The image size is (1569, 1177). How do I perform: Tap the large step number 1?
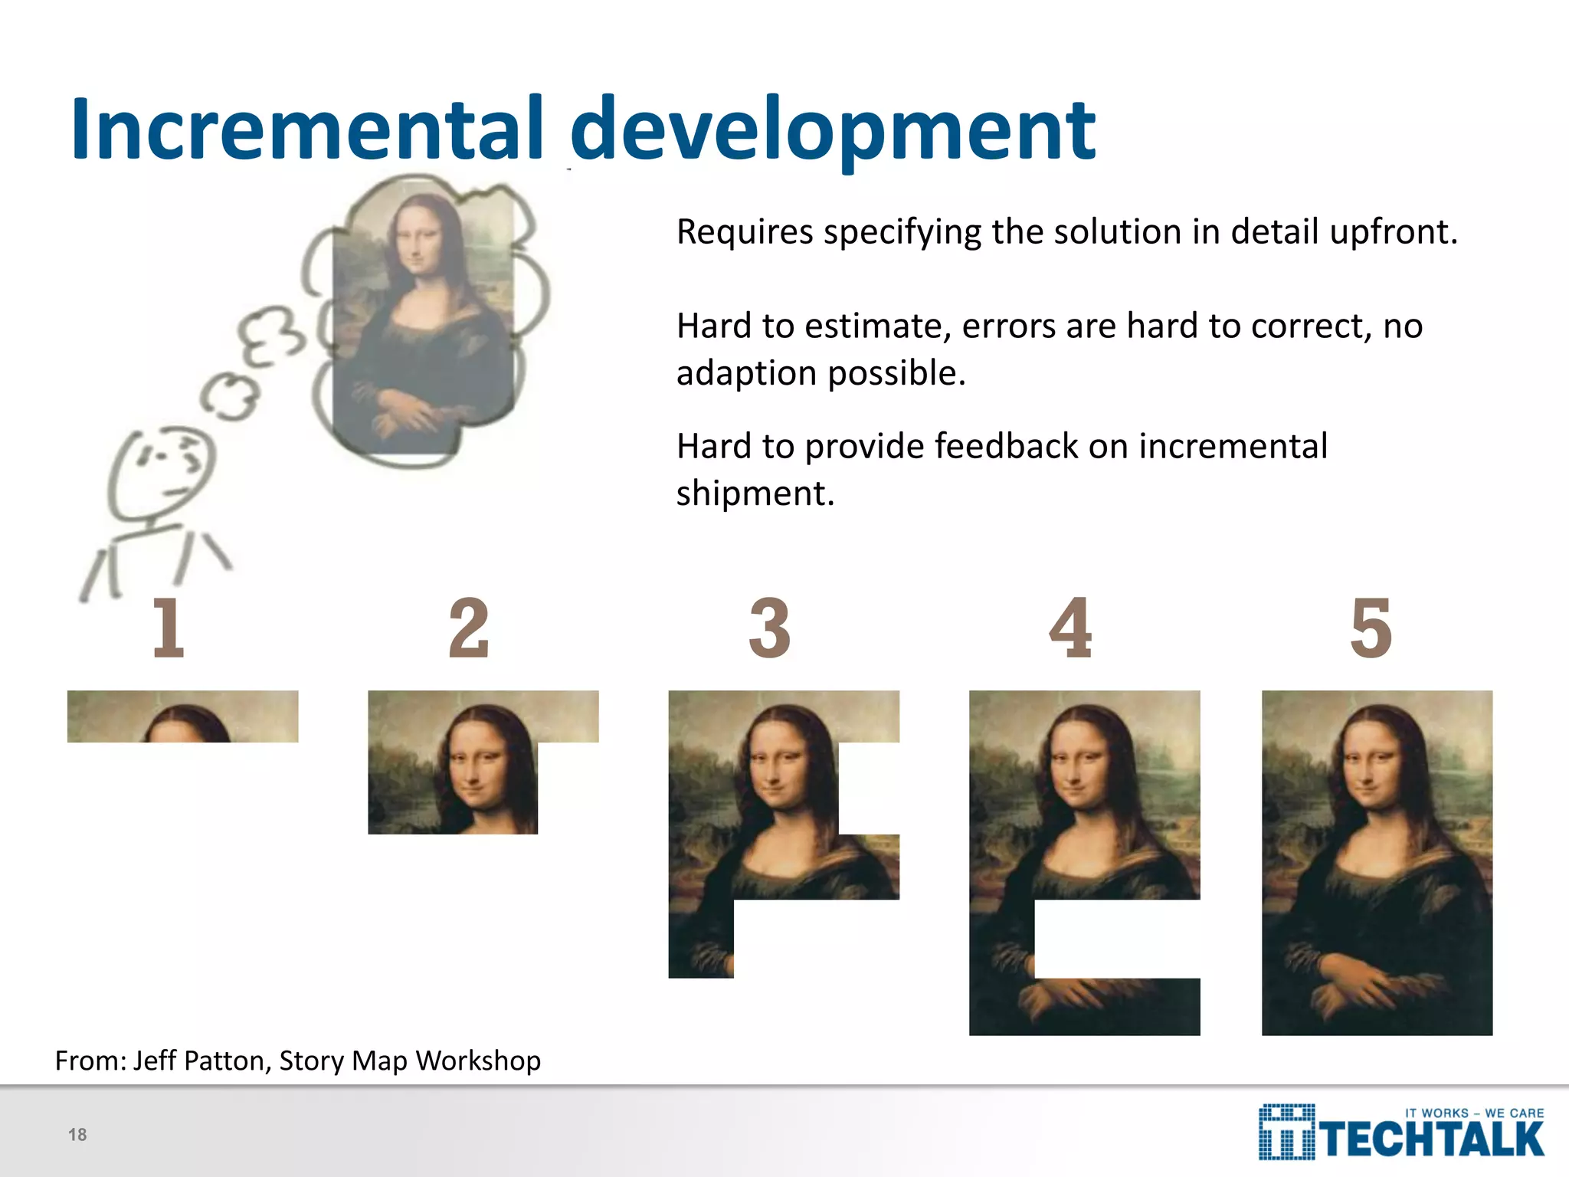pos(169,628)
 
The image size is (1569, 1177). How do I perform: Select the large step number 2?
pos(469,628)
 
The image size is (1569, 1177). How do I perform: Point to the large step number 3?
pos(770,628)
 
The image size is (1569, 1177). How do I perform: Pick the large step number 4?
pos(1070,628)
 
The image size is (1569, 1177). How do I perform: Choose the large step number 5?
pos(1371,628)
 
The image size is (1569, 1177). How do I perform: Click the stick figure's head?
pos(162,472)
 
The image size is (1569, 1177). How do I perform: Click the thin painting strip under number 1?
pos(182,716)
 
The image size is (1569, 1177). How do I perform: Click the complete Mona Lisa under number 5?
pos(1377,863)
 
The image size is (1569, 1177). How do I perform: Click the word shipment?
pos(754,493)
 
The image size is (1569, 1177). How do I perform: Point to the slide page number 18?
pos(77,1135)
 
